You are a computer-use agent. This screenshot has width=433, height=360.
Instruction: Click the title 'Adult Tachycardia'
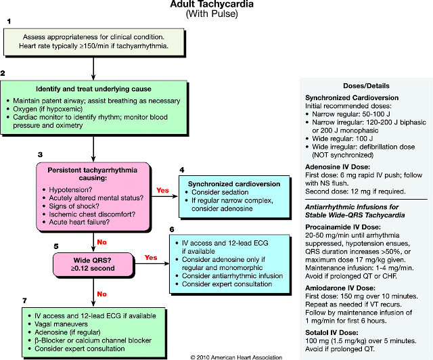click(216, 6)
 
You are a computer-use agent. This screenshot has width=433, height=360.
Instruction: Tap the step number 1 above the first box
click(9, 22)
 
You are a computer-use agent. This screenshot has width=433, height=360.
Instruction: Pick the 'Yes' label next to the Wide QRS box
click(152, 257)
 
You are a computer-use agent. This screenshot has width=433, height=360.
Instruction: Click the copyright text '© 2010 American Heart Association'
click(236, 355)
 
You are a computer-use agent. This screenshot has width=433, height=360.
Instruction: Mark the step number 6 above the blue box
click(172, 229)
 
